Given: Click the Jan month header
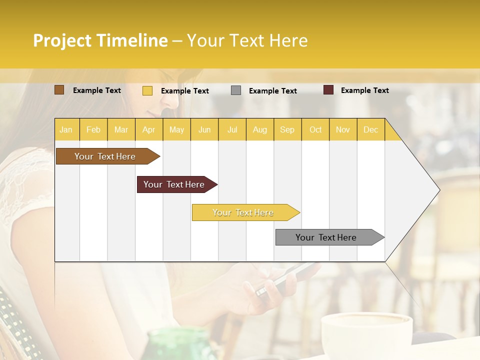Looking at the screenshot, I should pyautogui.click(x=66, y=130).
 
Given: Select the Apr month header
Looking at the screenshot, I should pyautogui.click(x=148, y=130).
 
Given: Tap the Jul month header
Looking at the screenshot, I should pyautogui.click(x=232, y=130).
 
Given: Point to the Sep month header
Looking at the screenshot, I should pyautogui.click(x=287, y=130).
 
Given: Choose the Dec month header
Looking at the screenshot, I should pyautogui.click(x=370, y=130).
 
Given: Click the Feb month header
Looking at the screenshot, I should pyautogui.click(x=93, y=130).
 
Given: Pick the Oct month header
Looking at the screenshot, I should pyautogui.click(x=315, y=130).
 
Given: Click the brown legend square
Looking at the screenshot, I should pyautogui.click(x=59, y=90).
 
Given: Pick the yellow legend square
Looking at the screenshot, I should pyautogui.click(x=147, y=90).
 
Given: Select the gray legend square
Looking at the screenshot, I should pyautogui.click(x=236, y=90).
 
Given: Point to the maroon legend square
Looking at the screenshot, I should pyautogui.click(x=328, y=90).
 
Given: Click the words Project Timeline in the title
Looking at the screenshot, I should pyautogui.click(x=100, y=40).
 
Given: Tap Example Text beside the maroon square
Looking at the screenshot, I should pyautogui.click(x=364, y=90).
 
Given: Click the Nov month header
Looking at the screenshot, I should pyautogui.click(x=343, y=130).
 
